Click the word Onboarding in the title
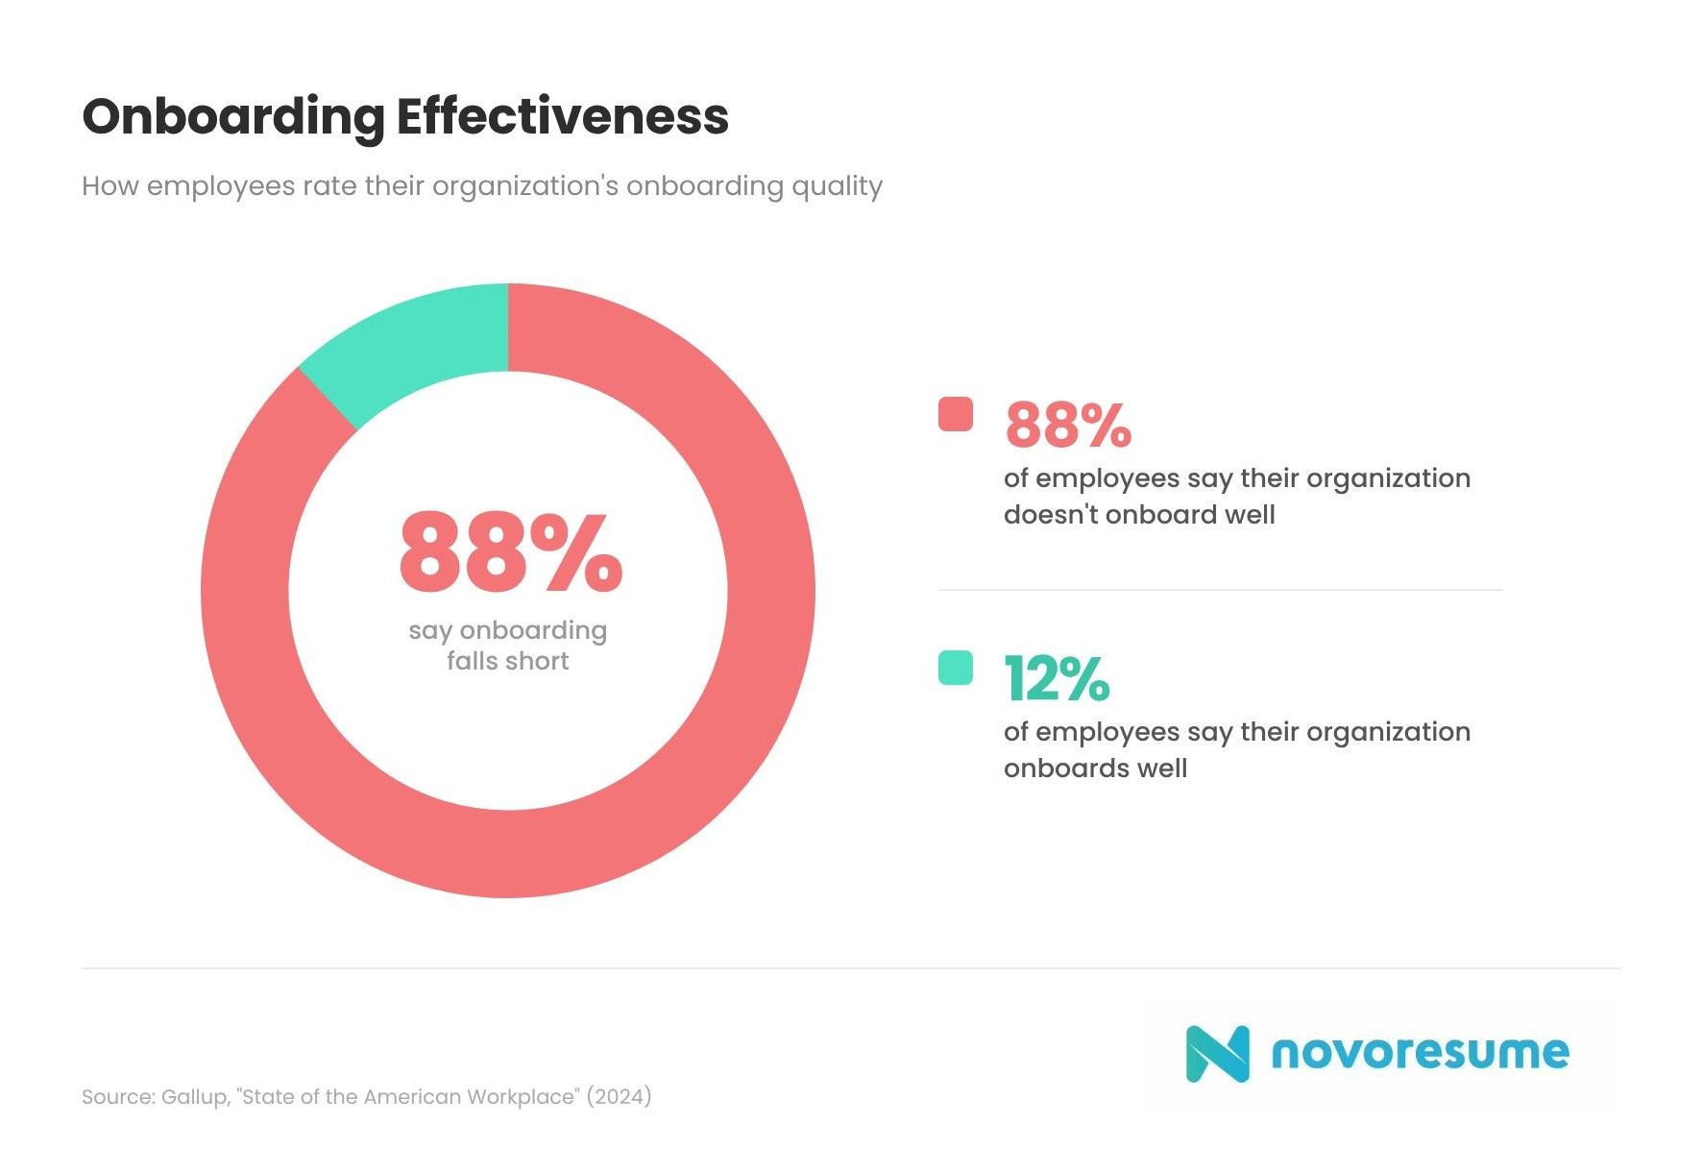[233, 117]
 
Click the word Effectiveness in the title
[562, 117]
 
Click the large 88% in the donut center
[510, 553]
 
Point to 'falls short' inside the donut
[507, 662]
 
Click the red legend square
[955, 414]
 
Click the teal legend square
[955, 668]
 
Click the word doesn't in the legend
[1051, 515]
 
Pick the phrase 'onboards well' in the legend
[1095, 769]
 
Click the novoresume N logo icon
[1217, 1054]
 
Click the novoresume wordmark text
[1420, 1053]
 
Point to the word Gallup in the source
[194, 1097]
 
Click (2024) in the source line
[619, 1097]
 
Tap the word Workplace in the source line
[523, 1097]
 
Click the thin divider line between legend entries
[1220, 590]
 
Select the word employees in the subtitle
[220, 186]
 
